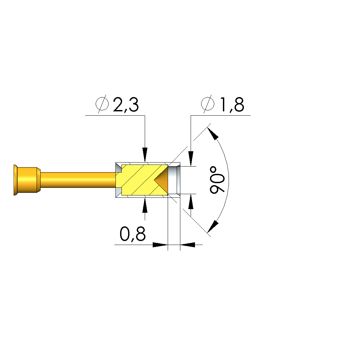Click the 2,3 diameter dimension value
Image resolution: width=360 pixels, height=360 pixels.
[126, 105]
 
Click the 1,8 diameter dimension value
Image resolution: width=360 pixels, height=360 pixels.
[232, 105]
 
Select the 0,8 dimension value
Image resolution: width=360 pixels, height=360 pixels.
[132, 234]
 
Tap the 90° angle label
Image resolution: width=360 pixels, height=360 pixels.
[217, 180]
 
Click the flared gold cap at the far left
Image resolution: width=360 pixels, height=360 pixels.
[16, 180]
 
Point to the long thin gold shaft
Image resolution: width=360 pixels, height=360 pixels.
[78, 180]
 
